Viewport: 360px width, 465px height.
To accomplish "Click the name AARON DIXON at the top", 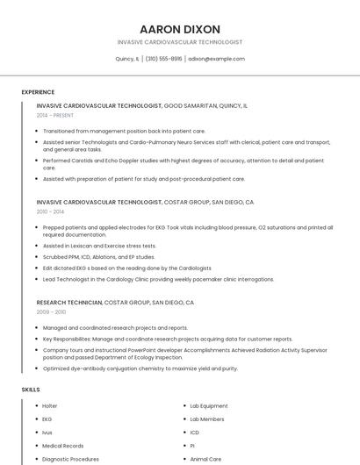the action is click(x=179, y=29).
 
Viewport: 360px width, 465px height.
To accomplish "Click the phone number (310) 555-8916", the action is click(x=164, y=59).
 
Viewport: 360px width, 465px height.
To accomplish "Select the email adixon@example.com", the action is click(x=217, y=59).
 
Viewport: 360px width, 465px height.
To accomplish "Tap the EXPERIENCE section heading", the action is click(x=38, y=92).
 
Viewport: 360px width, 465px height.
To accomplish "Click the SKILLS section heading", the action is click(x=31, y=390).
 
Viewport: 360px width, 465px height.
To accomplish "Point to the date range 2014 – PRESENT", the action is click(x=54, y=115).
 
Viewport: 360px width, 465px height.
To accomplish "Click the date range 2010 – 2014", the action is click(x=50, y=211).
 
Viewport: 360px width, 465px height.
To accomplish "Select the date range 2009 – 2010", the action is click(x=51, y=311).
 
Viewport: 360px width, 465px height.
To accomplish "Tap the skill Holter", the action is click(x=49, y=406).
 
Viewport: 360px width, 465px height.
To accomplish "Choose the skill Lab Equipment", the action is click(x=208, y=406).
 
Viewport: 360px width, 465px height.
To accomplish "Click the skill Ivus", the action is click(x=47, y=433).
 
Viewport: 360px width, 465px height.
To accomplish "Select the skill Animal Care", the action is click(x=205, y=459).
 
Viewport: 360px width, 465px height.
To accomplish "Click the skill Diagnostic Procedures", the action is click(x=70, y=459).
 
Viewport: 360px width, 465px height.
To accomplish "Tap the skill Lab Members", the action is click(x=206, y=419).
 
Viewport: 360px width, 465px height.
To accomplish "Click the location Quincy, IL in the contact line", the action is click(x=127, y=59).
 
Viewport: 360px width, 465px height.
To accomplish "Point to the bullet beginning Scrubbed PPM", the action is click(x=98, y=257).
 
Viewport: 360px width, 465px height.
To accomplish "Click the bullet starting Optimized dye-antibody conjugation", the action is click(x=140, y=368).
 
